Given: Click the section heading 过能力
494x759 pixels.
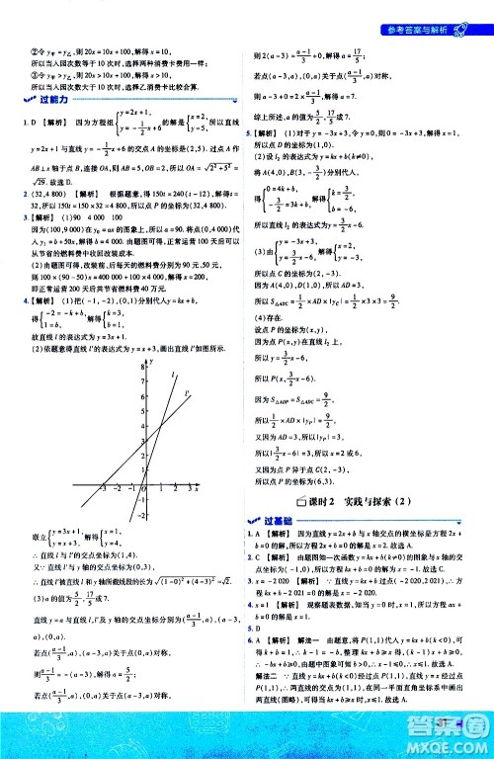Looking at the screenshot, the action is pos(48,101).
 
